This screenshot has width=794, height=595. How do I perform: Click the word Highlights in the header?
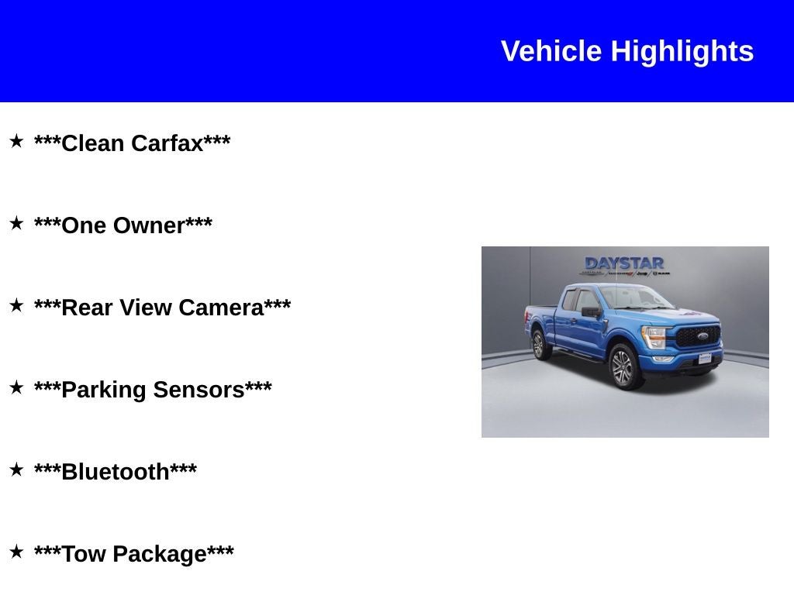(682, 52)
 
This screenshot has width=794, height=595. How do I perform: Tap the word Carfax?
(167, 143)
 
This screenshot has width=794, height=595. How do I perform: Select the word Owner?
(149, 225)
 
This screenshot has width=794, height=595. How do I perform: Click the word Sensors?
(198, 390)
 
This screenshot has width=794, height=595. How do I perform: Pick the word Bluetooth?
(116, 472)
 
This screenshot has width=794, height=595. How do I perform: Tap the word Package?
(160, 554)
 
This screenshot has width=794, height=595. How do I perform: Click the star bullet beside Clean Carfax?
(17, 141)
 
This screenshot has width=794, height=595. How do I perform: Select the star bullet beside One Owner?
(17, 222)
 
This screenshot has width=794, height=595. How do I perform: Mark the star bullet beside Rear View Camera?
(17, 305)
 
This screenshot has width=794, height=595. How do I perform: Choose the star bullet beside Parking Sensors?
(17, 387)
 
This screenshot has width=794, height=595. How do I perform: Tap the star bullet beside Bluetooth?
(17, 469)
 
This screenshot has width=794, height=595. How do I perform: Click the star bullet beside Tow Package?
(17, 552)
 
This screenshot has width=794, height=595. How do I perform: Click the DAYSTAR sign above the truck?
(624, 263)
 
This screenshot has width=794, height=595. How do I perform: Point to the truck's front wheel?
(624, 366)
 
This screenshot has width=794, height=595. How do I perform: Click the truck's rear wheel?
(540, 345)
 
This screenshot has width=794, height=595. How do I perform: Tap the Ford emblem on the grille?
(703, 336)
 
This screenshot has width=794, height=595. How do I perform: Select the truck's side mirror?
(591, 312)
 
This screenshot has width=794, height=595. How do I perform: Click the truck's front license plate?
(705, 358)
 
